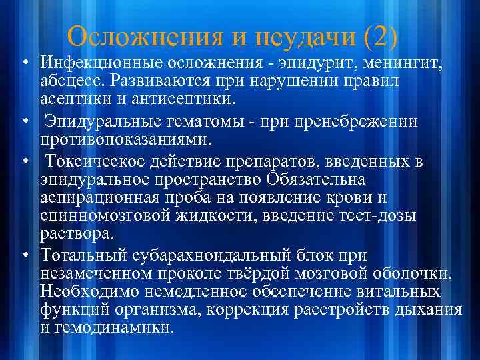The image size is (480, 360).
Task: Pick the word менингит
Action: [396, 63]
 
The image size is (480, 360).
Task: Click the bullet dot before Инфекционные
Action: [24, 64]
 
